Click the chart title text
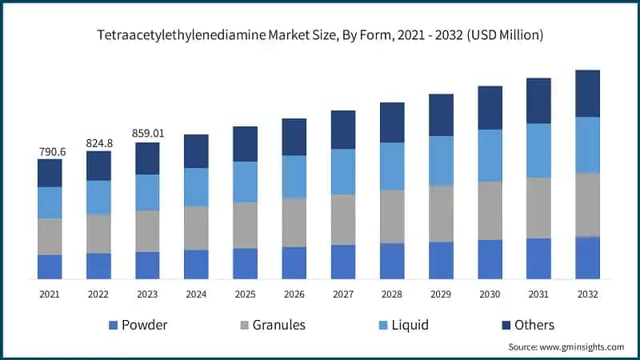point(320,35)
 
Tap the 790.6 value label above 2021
point(50,151)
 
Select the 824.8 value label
point(98,143)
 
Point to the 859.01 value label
point(147,134)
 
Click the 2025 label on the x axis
point(245,294)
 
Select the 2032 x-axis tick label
point(588,294)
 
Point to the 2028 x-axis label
point(392,294)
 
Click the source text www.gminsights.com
point(566,347)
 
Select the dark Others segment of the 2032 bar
point(588,93)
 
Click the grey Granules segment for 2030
point(490,210)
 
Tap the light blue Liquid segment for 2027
point(343,171)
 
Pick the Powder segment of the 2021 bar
point(50,266)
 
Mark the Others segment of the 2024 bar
point(196,150)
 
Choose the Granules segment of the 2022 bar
point(98,234)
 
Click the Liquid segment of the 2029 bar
point(441,160)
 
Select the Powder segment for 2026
point(294,262)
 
